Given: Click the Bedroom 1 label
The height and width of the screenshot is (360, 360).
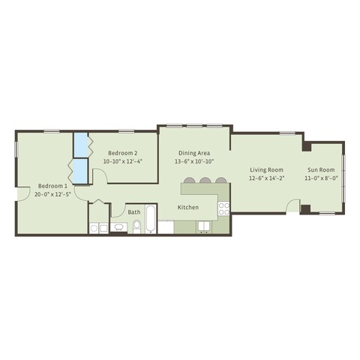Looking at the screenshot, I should tap(52, 185).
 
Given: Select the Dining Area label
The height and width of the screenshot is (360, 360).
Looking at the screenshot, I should tap(194, 151).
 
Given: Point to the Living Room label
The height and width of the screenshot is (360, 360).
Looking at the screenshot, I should tap(266, 170).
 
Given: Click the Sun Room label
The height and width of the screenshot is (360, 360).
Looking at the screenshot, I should tap(320, 170).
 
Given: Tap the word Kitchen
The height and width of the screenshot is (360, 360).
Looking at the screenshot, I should tap(187, 207).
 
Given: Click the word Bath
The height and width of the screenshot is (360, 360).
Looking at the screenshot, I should tap(134, 212).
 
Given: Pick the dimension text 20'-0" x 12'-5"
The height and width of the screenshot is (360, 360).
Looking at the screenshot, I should tap(52, 194).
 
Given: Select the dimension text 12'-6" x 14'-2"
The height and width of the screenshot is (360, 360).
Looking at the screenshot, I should tap(266, 179).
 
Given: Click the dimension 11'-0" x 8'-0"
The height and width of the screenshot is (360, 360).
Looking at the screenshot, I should tap(320, 179).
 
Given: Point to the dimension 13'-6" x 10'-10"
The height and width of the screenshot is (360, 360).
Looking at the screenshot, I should tap(194, 160).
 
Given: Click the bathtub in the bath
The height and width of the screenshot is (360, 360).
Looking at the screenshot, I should tap(150, 220).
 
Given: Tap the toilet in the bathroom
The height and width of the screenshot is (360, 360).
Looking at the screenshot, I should tap(136, 227).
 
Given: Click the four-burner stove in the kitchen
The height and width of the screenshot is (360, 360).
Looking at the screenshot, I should tap(223, 209).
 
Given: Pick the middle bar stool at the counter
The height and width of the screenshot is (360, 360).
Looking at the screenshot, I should tap(205, 180).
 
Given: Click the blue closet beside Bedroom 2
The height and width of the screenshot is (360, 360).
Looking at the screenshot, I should tap(80, 142).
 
